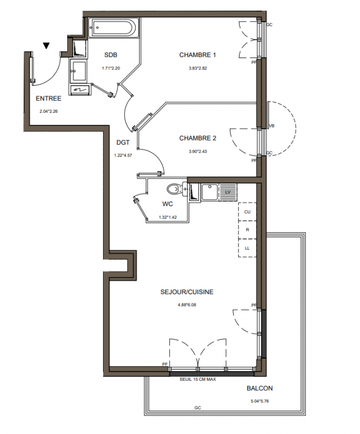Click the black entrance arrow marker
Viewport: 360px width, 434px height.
point(47,46)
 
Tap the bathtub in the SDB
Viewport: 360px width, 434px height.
point(112,28)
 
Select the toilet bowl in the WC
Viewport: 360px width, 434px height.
point(173,189)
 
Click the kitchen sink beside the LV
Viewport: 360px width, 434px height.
point(210,192)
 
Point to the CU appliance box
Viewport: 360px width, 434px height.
point(247,212)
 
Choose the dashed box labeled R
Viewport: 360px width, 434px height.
point(247,229)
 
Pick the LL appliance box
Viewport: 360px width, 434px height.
point(247,248)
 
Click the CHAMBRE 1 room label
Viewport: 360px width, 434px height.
point(197,55)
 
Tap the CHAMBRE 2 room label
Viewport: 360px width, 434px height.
point(197,138)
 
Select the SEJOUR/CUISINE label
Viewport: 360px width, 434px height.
point(187,292)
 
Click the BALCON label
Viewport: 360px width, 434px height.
point(260,388)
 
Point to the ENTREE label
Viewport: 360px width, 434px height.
point(49,99)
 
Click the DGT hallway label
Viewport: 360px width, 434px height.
point(123,143)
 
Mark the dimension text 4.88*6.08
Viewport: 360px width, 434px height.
point(187,305)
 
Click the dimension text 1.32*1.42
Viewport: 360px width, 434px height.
point(168,218)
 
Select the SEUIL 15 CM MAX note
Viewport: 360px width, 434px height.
point(197,379)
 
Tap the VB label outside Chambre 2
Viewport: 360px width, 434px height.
point(272,126)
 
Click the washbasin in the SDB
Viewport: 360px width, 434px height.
point(78,71)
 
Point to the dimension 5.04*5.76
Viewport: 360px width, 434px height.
point(259,401)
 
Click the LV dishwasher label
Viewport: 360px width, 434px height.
point(228,192)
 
